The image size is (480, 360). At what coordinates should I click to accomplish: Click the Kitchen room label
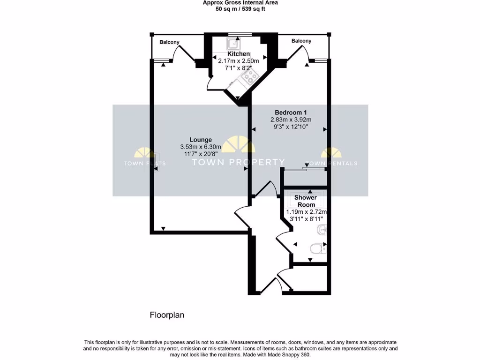239,54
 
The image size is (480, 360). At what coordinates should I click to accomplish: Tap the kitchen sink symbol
233,44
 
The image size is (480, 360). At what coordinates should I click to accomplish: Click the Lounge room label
201,140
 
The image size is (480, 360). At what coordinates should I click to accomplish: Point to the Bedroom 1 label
291,112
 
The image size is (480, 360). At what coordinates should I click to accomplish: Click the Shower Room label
306,201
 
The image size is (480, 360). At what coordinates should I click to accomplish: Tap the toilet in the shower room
318,248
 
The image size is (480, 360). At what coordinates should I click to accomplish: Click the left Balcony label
169,42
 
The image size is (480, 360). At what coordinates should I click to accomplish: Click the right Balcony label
301,41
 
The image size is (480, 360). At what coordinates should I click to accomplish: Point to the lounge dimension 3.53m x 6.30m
201,147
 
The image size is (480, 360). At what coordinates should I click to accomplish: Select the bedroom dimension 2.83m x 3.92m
291,120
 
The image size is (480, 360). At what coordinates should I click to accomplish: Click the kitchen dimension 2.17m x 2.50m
239,61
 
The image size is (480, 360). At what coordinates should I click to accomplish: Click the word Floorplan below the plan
167,315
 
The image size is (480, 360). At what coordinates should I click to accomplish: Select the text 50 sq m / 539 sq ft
240,9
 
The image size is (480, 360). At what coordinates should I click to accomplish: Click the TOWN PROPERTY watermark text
239,162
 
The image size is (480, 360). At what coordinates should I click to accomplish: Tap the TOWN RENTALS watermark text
331,164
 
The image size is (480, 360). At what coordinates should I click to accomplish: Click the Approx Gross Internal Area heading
240,3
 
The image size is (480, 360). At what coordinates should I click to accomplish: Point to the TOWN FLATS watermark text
144,164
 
